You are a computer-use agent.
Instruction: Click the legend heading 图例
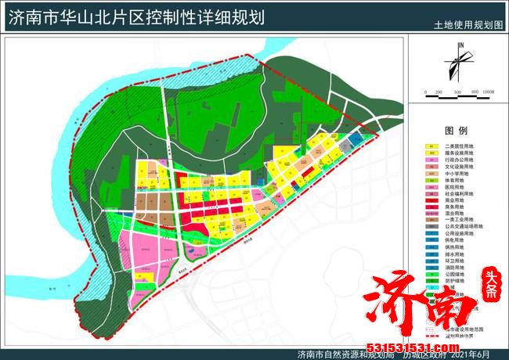pyautogui.click(x=456, y=130)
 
